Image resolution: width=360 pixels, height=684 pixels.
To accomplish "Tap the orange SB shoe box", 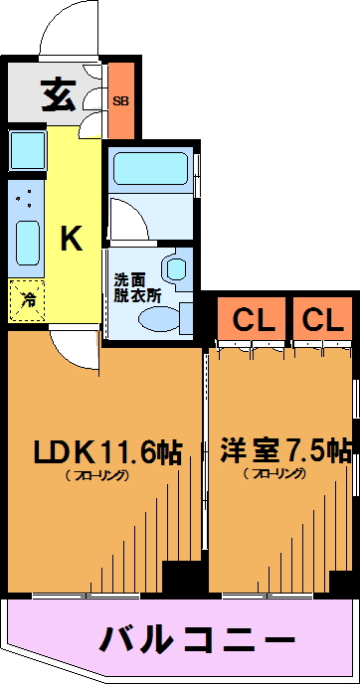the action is [x=121, y=100].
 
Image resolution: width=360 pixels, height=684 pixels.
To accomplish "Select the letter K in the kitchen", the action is [x=72, y=239].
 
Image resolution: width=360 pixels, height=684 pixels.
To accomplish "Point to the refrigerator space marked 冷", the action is [x=27, y=300].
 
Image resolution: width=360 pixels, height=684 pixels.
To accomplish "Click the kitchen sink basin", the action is [x=28, y=243].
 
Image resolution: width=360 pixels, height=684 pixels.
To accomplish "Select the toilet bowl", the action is [x=159, y=317].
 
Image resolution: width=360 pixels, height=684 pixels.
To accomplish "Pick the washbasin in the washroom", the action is [x=176, y=269].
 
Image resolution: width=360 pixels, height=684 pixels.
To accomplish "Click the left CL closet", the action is [x=254, y=321].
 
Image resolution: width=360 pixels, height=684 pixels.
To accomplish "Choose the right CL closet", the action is [x=322, y=321].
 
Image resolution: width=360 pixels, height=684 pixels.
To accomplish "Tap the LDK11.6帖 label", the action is [x=108, y=452].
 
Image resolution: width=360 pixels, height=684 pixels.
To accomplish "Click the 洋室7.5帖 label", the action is [x=285, y=451].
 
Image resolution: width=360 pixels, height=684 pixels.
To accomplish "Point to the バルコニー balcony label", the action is [x=197, y=640].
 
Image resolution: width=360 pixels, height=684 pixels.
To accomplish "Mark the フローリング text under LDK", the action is [x=96, y=475].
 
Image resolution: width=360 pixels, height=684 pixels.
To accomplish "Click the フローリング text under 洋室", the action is [x=275, y=473].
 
